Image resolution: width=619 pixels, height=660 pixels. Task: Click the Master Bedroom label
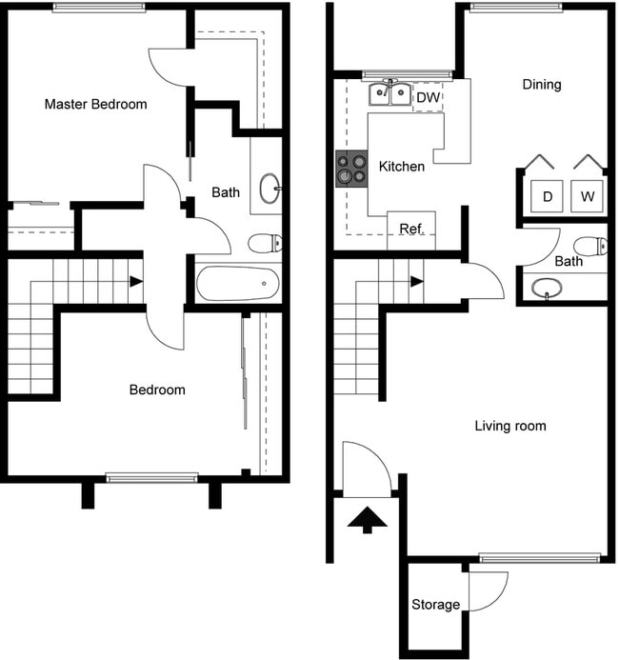click(95, 104)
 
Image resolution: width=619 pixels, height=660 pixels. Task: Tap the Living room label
click(509, 426)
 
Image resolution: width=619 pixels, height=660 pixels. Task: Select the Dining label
click(541, 84)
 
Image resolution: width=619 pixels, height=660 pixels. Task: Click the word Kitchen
click(402, 167)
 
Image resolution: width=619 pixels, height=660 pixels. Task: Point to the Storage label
click(435, 604)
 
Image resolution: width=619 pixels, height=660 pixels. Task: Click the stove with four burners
click(350, 169)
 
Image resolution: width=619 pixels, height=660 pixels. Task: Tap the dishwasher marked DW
click(428, 97)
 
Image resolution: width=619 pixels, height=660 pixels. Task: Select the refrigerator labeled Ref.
click(410, 230)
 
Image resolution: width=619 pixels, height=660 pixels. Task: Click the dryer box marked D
click(548, 196)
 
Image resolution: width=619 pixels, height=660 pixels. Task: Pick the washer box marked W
click(588, 196)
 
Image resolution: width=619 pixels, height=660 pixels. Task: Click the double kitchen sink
click(389, 94)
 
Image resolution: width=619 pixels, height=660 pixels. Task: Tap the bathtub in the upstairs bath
click(237, 284)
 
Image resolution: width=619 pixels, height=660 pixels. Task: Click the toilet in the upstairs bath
click(264, 244)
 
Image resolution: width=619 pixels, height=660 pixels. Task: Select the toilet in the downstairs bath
click(593, 245)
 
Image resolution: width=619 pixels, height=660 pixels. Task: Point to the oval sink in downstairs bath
click(546, 288)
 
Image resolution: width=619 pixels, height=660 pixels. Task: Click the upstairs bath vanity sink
click(270, 185)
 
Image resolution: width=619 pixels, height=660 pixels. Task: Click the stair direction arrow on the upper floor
click(136, 281)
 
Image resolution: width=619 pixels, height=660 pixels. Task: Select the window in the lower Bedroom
click(151, 477)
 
